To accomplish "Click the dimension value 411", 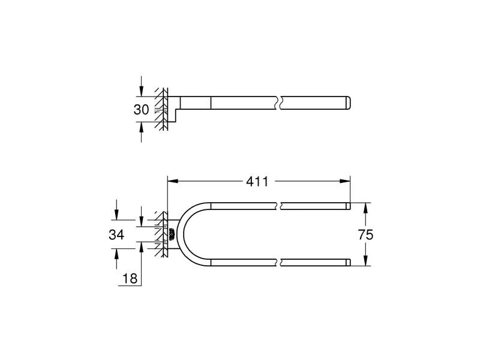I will pos(258,181).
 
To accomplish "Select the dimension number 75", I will pos(365,234).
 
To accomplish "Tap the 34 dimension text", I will pos(116,235).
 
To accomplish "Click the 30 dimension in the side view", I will pos(141,110).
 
